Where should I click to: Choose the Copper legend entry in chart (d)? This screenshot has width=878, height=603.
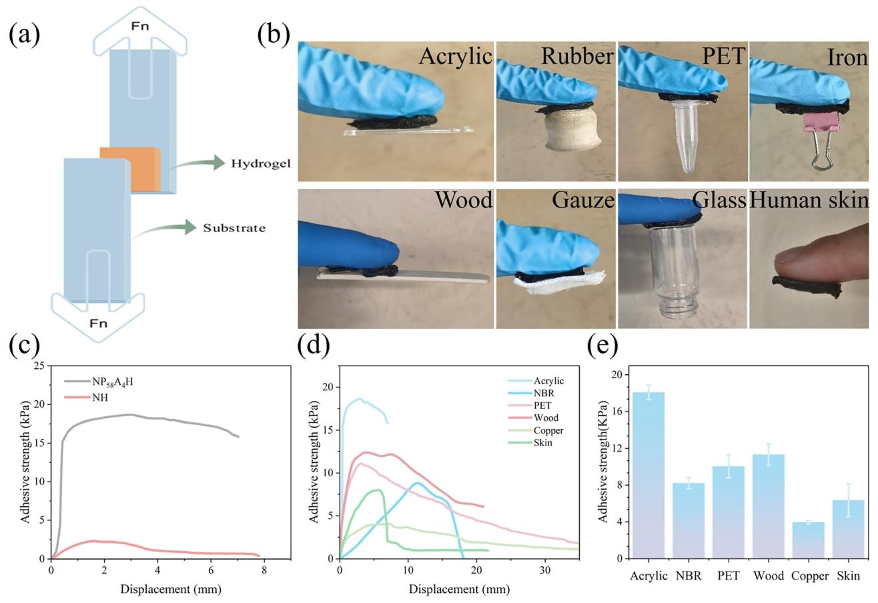point(548,431)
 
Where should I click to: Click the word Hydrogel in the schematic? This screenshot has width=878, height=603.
point(260,163)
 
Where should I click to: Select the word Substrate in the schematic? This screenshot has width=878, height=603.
point(234,228)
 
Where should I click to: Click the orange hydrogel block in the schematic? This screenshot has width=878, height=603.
point(131,169)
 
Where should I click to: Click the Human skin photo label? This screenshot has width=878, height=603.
point(809,200)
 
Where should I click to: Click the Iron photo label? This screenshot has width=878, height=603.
point(847,57)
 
